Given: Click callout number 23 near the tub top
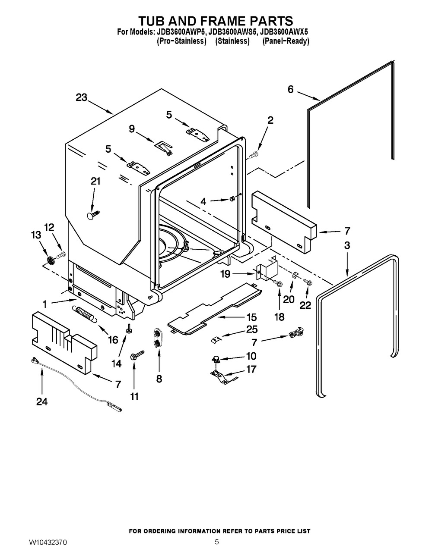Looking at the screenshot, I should coord(81,97).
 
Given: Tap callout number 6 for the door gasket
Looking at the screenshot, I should coord(290,89).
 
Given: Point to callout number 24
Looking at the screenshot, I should coord(42,401).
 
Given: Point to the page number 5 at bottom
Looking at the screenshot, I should coord(217,542).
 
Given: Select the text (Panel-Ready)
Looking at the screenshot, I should coord(286,41).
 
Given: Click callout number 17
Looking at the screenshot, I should coord(251,369).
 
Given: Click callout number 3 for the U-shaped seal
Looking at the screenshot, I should coord(347,245).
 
